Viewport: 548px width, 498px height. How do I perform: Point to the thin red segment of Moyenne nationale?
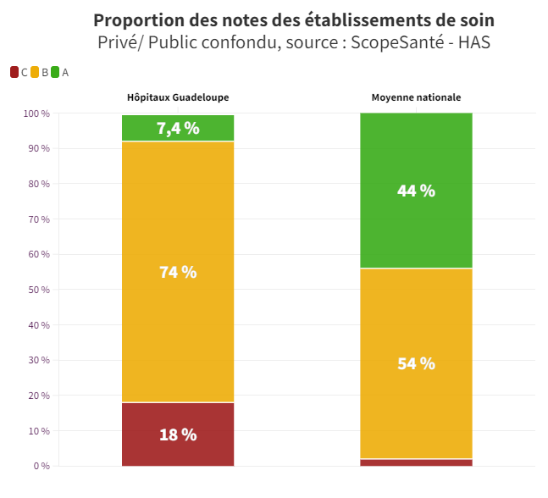(416, 462)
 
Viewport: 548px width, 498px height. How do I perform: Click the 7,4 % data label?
(178, 128)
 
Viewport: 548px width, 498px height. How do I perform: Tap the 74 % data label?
(178, 272)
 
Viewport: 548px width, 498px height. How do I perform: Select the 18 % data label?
(178, 434)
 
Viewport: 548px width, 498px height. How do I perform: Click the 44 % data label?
(416, 191)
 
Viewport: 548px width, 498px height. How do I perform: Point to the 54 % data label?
(416, 363)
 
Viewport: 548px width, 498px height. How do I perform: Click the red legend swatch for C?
(14, 72)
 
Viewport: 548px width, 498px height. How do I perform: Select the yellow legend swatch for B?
(35, 72)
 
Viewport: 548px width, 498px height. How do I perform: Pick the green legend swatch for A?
(55, 72)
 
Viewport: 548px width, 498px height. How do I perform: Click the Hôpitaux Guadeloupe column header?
(178, 97)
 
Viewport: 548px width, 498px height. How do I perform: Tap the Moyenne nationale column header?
(416, 97)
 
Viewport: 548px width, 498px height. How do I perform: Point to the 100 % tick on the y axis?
(36, 113)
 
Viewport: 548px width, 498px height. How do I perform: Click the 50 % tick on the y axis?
(39, 290)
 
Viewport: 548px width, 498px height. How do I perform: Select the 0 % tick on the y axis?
(42, 466)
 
